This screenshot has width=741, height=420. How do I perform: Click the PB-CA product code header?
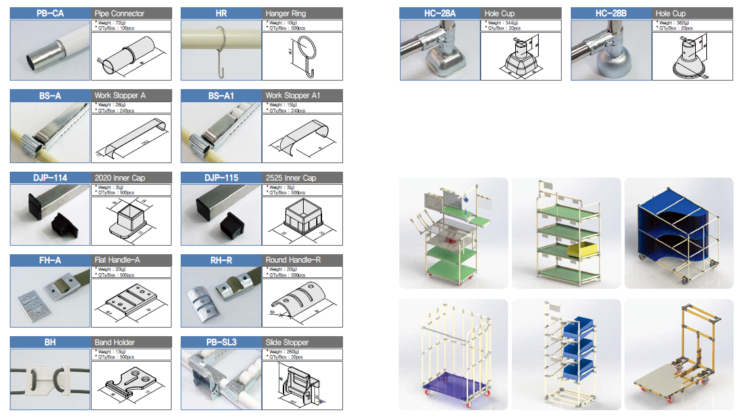50,13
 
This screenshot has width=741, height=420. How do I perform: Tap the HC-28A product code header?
440,13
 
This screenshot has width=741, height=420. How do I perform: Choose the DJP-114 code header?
50,178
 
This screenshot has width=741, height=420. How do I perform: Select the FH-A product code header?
50,260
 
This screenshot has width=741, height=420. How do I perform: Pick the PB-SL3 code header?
221,342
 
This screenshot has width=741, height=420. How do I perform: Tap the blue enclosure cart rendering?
679,233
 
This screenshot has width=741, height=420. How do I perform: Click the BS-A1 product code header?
221,96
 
